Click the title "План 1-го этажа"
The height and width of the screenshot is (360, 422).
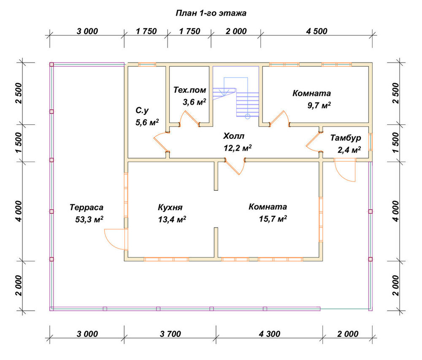[x=211, y=13]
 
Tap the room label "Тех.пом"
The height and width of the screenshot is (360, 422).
[x=190, y=90]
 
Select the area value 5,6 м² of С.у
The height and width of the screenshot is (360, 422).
[x=147, y=122]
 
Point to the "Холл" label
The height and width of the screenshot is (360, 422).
[x=234, y=136]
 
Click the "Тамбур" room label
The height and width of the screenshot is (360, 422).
[x=346, y=138]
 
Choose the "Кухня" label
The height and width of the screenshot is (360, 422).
[x=170, y=208]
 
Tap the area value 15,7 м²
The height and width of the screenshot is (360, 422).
[x=273, y=219]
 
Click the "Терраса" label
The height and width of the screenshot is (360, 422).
[x=87, y=208]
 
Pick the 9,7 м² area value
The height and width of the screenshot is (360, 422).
[x=319, y=105]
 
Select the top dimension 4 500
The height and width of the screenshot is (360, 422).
[x=316, y=31]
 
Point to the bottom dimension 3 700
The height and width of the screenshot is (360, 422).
[x=170, y=334]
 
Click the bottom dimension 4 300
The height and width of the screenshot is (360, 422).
[x=269, y=334]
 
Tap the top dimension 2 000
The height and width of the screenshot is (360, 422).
[x=236, y=31]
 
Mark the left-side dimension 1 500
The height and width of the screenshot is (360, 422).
[x=19, y=143]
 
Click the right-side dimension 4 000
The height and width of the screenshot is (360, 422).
[x=396, y=211]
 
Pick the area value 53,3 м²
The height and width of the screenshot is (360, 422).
[x=89, y=219]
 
